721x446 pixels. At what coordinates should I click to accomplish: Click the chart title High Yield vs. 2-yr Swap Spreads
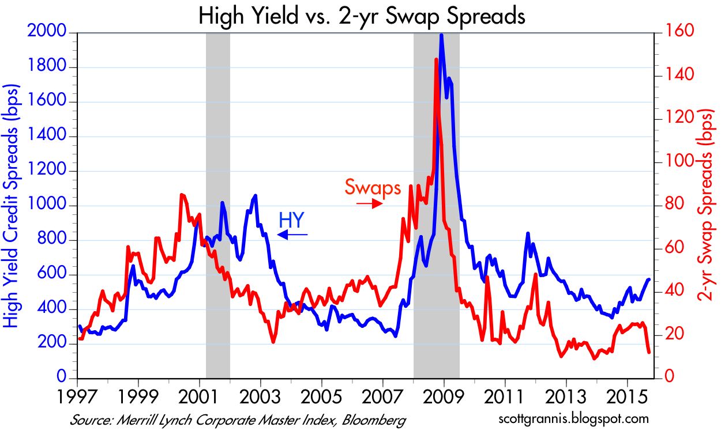click(x=362, y=16)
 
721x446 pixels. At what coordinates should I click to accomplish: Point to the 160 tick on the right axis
click(x=673, y=33)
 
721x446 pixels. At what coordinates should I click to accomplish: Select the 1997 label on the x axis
click(x=77, y=398)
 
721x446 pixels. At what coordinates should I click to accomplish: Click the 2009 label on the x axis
click(x=444, y=398)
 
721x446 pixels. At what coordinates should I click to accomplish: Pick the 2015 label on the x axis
click(x=627, y=398)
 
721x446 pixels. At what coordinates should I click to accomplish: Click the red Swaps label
click(x=373, y=187)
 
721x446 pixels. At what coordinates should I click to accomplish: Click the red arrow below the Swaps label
click(x=369, y=203)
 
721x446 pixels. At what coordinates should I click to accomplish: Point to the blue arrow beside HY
click(x=293, y=235)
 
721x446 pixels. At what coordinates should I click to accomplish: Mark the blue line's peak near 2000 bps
click(x=441, y=35)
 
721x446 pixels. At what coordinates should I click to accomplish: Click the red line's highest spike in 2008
click(x=436, y=59)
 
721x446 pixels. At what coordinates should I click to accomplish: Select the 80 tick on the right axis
click(x=669, y=205)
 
